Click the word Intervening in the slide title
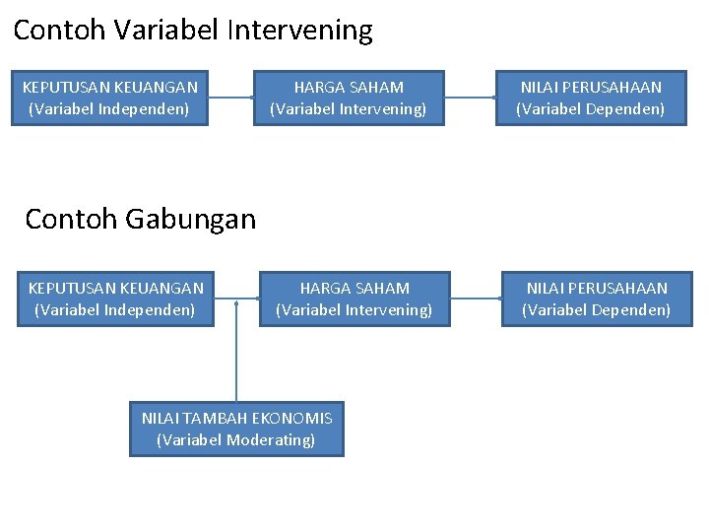[x=299, y=31]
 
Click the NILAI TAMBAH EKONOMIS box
[x=236, y=429]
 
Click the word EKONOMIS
[x=291, y=418]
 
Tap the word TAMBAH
[x=214, y=418]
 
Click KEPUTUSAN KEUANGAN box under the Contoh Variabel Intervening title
[x=109, y=98]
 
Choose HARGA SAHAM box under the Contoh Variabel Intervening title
[x=349, y=98]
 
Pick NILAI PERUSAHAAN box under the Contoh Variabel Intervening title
[x=591, y=98]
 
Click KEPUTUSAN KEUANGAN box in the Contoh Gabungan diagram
[x=115, y=299]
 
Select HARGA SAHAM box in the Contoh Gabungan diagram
[x=354, y=299]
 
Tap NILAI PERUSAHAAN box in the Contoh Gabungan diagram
[x=597, y=299]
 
